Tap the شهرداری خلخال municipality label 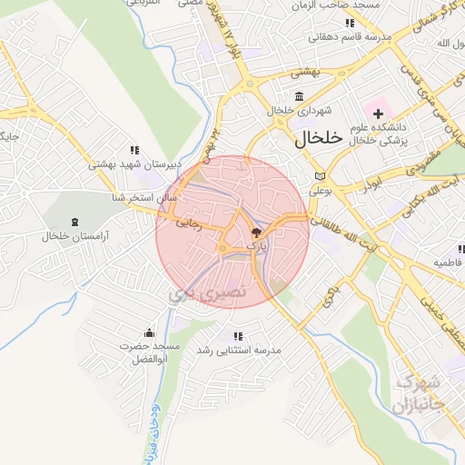click(300, 111)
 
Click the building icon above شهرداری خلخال click(300, 96)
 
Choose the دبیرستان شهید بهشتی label click(134, 164)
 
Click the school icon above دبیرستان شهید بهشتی click(134, 150)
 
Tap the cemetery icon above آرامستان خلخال click(74, 222)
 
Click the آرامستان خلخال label click(74, 236)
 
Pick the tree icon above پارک click(255, 232)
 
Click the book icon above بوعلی click(317, 176)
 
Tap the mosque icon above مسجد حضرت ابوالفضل click(149, 333)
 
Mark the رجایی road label click(192, 221)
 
